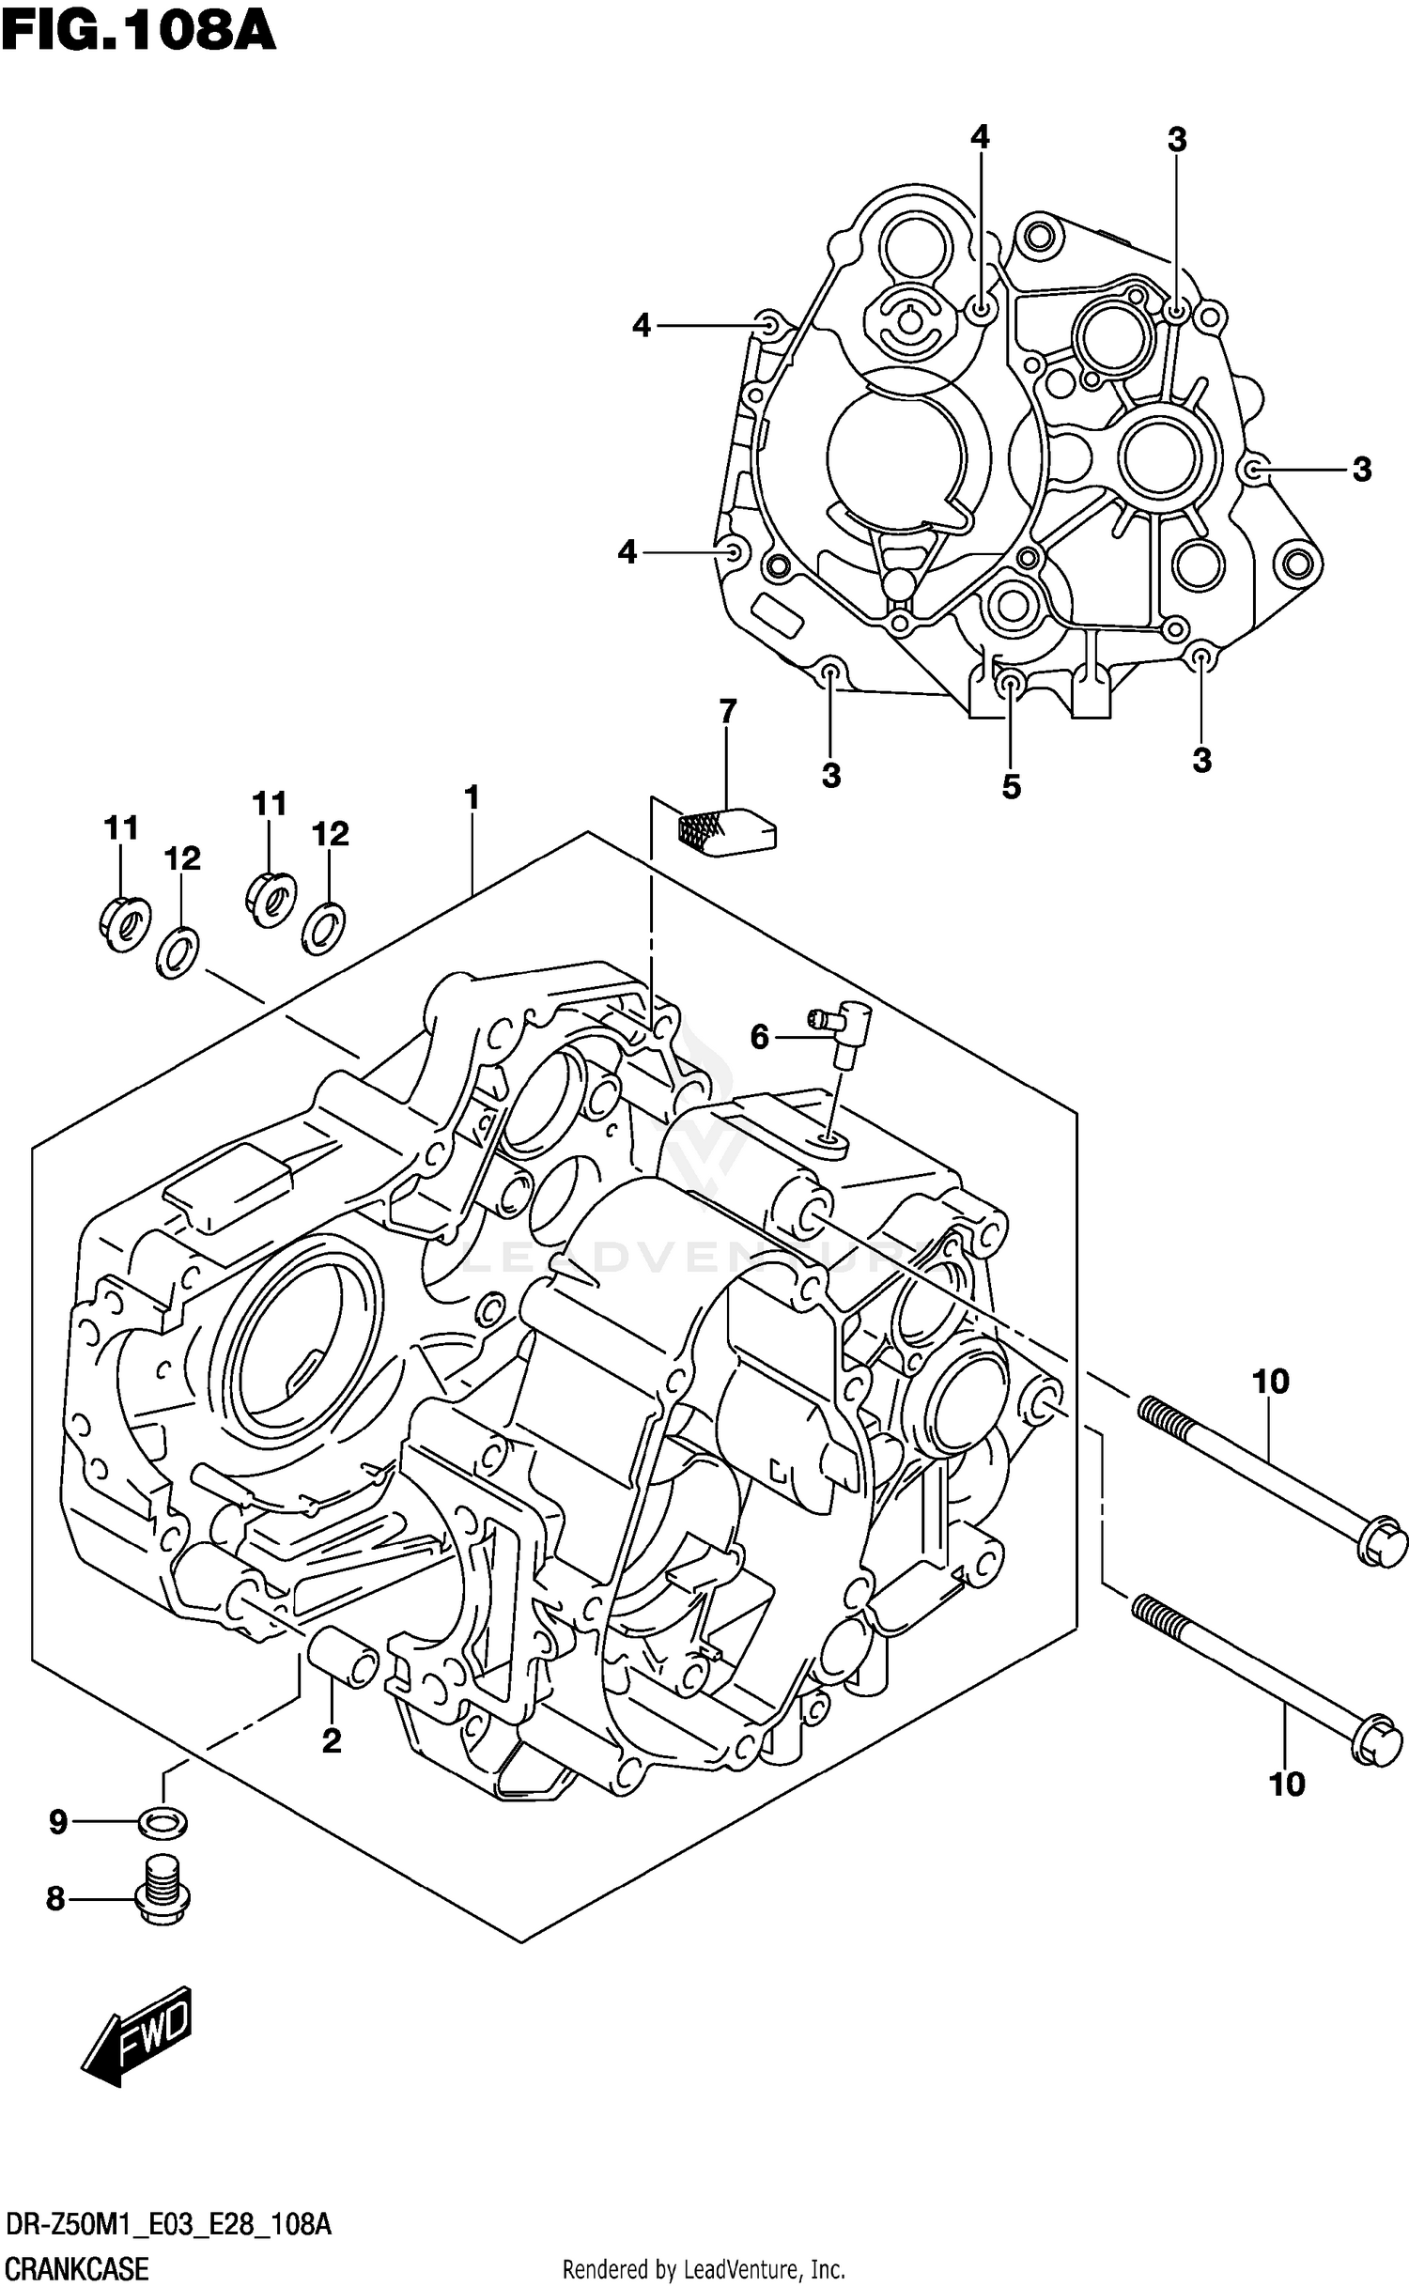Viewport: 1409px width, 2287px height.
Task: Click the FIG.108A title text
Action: [138, 32]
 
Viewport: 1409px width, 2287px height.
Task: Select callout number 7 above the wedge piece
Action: [727, 711]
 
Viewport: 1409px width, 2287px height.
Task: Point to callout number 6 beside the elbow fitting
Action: [759, 1037]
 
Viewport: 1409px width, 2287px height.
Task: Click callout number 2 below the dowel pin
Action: [331, 1741]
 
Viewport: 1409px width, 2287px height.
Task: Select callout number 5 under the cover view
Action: [1011, 787]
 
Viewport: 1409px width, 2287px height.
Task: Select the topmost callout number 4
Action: [980, 138]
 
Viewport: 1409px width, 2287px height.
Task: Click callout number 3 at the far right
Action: [1361, 470]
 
